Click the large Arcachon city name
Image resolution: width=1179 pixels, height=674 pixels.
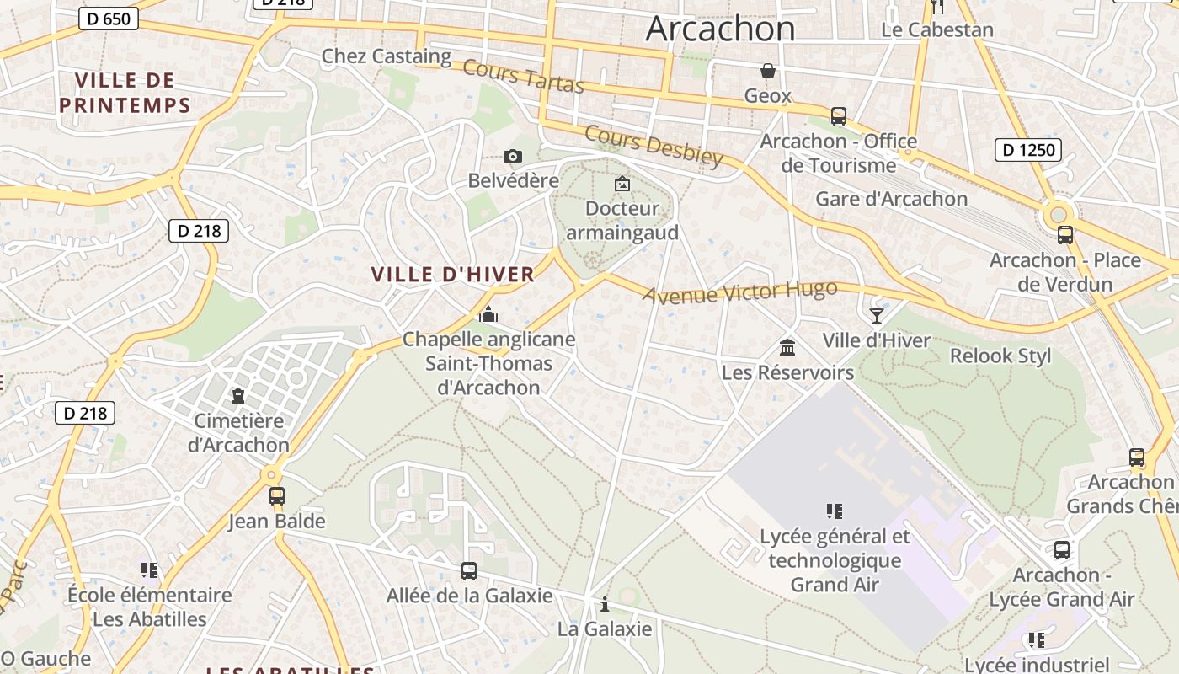[x=720, y=29]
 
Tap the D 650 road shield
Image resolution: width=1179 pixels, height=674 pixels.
[x=109, y=19]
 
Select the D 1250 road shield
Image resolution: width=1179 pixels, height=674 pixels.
[x=1027, y=151]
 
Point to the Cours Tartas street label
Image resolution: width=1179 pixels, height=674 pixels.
[x=523, y=77]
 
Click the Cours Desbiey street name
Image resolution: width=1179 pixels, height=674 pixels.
[x=654, y=147]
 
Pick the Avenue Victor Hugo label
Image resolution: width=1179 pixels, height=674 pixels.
[x=740, y=292]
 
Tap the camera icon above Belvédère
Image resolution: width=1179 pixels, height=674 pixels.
[x=512, y=156]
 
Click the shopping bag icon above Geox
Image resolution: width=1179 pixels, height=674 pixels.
[x=767, y=70]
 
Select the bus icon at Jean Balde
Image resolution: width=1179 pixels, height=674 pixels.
[x=277, y=496]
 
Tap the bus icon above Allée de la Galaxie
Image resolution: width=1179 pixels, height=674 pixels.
[x=469, y=571]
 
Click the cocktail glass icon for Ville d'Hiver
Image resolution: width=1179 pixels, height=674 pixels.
[x=877, y=315]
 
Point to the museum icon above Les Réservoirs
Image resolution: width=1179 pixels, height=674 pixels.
[x=787, y=347]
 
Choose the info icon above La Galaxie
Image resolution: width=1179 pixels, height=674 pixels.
[x=604, y=604]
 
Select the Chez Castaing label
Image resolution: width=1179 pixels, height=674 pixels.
[x=387, y=56]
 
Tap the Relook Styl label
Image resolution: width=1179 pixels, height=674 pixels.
[x=1000, y=356]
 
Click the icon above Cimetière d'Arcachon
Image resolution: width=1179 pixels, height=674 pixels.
[x=238, y=395]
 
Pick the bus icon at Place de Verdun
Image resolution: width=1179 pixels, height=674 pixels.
[x=1065, y=235]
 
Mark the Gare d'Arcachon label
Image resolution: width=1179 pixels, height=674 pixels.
[x=891, y=199]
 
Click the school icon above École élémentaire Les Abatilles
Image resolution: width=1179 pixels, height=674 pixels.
[x=149, y=570]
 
